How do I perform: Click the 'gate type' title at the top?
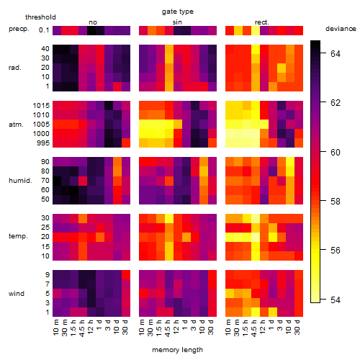178,12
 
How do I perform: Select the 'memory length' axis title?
177,350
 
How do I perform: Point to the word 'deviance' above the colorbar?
341,29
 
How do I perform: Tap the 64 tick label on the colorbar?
336,53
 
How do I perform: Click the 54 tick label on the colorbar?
336,300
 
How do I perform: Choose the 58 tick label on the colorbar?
336,201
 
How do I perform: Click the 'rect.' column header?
261,22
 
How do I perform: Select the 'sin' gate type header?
177,22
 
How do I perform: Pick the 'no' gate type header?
93,22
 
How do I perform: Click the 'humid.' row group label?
20,181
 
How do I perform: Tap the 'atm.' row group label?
16,125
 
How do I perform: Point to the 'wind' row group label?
17,293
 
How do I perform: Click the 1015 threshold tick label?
41,106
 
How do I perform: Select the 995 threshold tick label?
43,143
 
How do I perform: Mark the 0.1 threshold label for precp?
44,30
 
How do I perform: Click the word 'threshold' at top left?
40,17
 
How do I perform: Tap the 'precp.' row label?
19,29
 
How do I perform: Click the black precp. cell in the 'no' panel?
91,30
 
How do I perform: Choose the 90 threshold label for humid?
45,162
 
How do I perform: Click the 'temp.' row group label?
18,236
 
